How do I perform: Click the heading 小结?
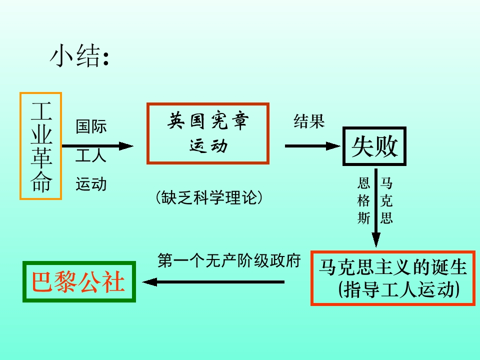pos(79,55)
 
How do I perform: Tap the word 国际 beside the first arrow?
pos(91,126)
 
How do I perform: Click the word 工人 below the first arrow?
pos(91,155)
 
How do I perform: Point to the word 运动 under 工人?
pos(91,184)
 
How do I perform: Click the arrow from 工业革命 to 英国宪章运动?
pos(97,146)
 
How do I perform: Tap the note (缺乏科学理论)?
pos(209,197)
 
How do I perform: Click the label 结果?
pos(309,121)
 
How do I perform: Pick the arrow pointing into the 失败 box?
pos(312,146)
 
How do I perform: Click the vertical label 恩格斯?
pos(363,200)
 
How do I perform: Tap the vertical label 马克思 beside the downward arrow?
pos(386,200)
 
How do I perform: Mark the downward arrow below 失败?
pos(376,207)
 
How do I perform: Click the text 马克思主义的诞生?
pos(393,267)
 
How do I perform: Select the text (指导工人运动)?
pos(399,289)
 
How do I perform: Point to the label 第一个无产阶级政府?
pos(229,261)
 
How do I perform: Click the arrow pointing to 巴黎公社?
pos(213,282)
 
